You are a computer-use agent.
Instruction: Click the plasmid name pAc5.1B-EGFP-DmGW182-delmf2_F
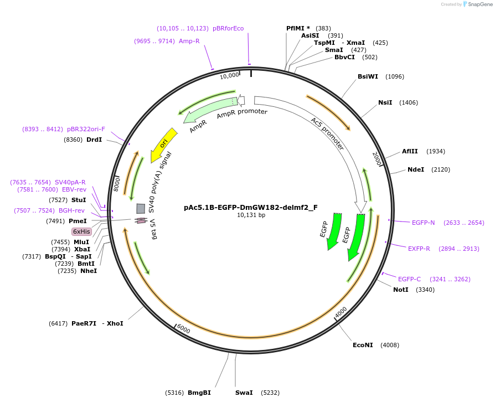point(251,208)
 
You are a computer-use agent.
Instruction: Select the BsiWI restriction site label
point(368,76)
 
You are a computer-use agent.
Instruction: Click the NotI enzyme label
point(401,290)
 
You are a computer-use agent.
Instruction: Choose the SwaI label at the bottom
point(244,393)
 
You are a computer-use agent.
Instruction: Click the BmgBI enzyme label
point(199,393)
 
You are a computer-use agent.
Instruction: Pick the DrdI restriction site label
point(94,140)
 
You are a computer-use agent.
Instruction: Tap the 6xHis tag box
point(81,231)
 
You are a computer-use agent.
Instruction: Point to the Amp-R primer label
point(189,41)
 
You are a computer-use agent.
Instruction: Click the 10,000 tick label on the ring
point(229,75)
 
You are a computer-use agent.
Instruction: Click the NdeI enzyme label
point(416,169)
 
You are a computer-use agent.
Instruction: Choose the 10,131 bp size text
point(251,215)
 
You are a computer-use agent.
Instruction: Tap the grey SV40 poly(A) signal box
point(141,208)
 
